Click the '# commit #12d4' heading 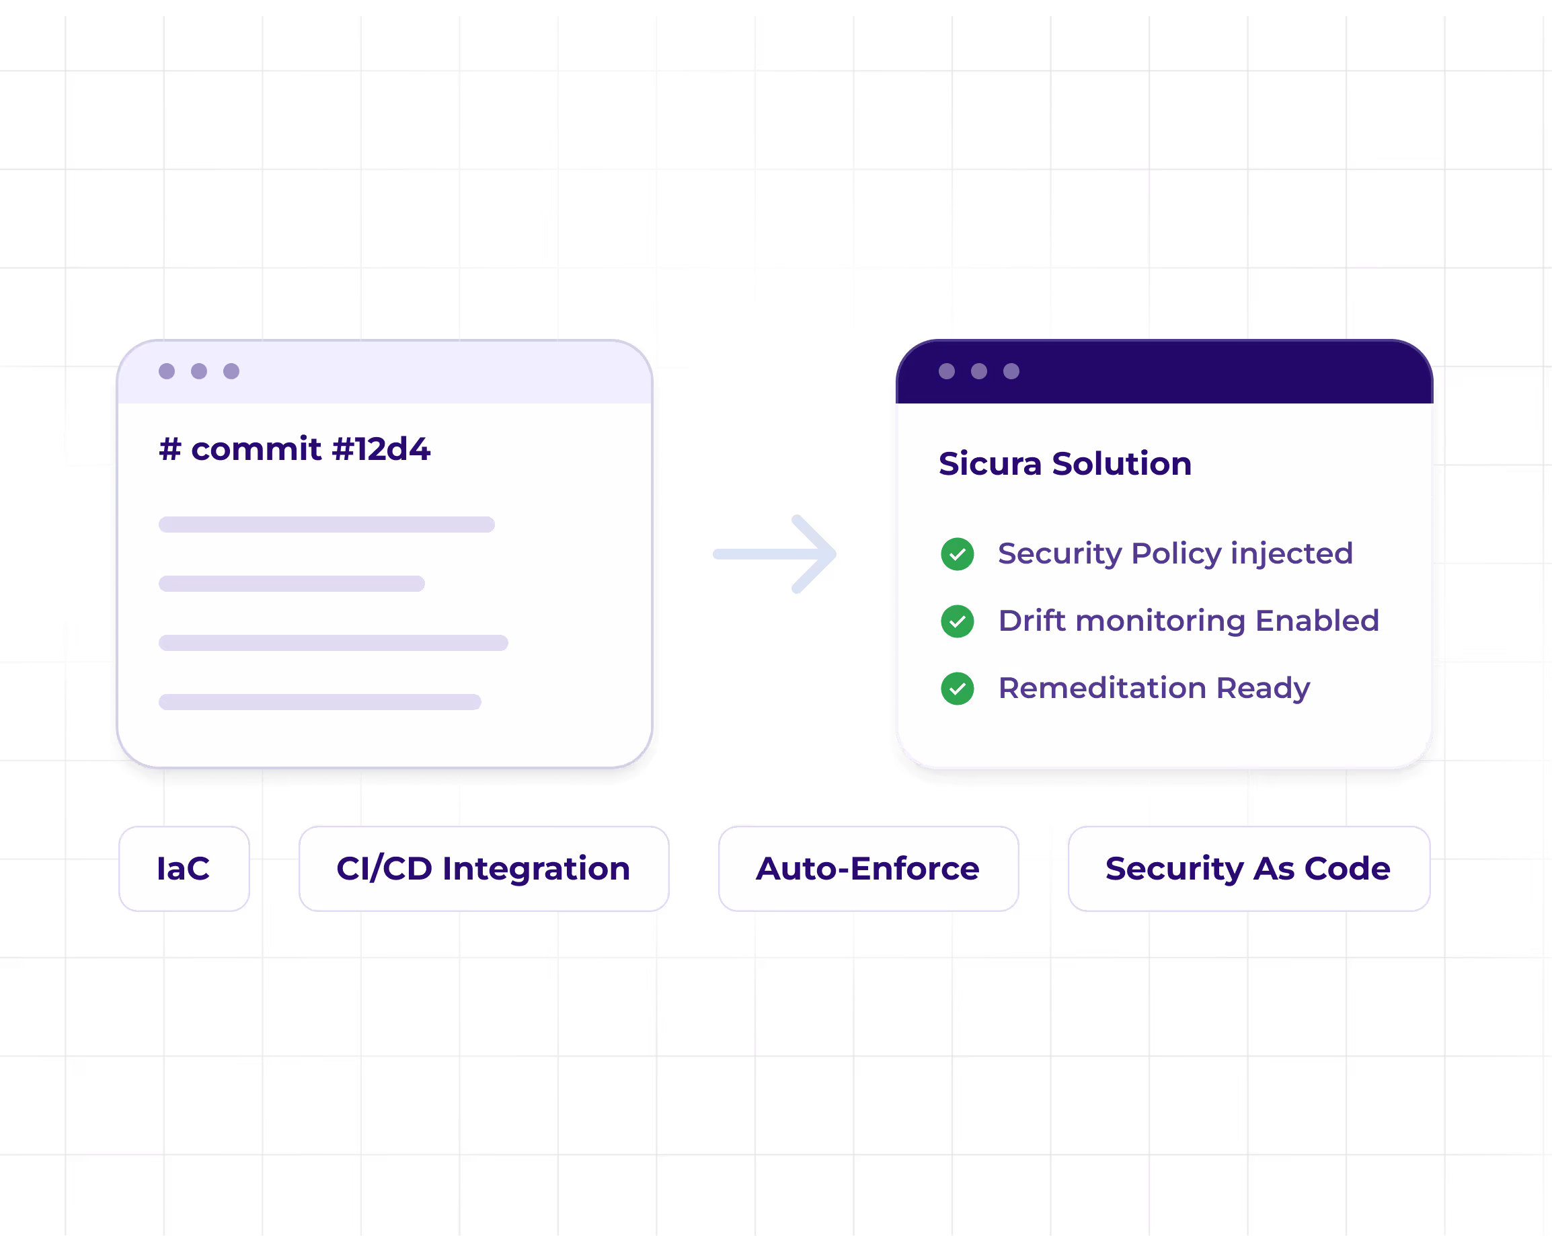[295, 449]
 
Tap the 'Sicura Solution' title [1064, 463]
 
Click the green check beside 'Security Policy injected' [958, 553]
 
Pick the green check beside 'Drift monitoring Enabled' [958, 621]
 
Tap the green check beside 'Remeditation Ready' [958, 688]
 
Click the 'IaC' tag [184, 868]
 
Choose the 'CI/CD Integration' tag [483, 868]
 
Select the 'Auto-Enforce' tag [867, 868]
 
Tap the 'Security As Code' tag [1248, 868]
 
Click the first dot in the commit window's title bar [167, 371]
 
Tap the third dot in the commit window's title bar [231, 371]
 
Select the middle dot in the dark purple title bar [979, 371]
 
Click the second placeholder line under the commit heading [292, 584]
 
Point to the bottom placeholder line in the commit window [319, 702]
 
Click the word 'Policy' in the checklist [1176, 554]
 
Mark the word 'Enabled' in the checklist [1317, 621]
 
